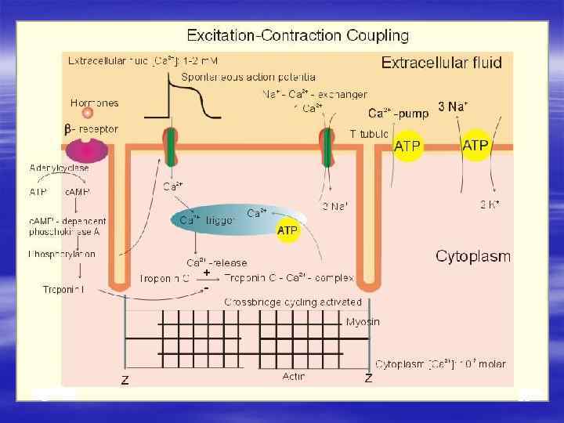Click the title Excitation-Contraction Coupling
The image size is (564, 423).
click(x=297, y=35)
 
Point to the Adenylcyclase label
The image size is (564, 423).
click(x=59, y=168)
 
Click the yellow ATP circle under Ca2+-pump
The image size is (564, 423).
click(x=407, y=146)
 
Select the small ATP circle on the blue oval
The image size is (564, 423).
click(x=288, y=230)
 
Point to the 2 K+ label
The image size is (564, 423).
click(x=490, y=204)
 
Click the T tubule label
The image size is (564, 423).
click(x=369, y=133)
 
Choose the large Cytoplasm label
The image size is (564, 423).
click(x=472, y=256)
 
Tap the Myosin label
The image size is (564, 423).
click(x=363, y=322)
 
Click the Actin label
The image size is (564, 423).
click(x=293, y=378)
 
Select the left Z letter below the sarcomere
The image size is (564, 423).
click(x=125, y=380)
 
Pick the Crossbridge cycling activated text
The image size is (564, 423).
click(x=293, y=302)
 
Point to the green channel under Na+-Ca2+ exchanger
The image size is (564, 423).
click(x=327, y=148)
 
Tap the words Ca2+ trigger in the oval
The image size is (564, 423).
click(x=208, y=220)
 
